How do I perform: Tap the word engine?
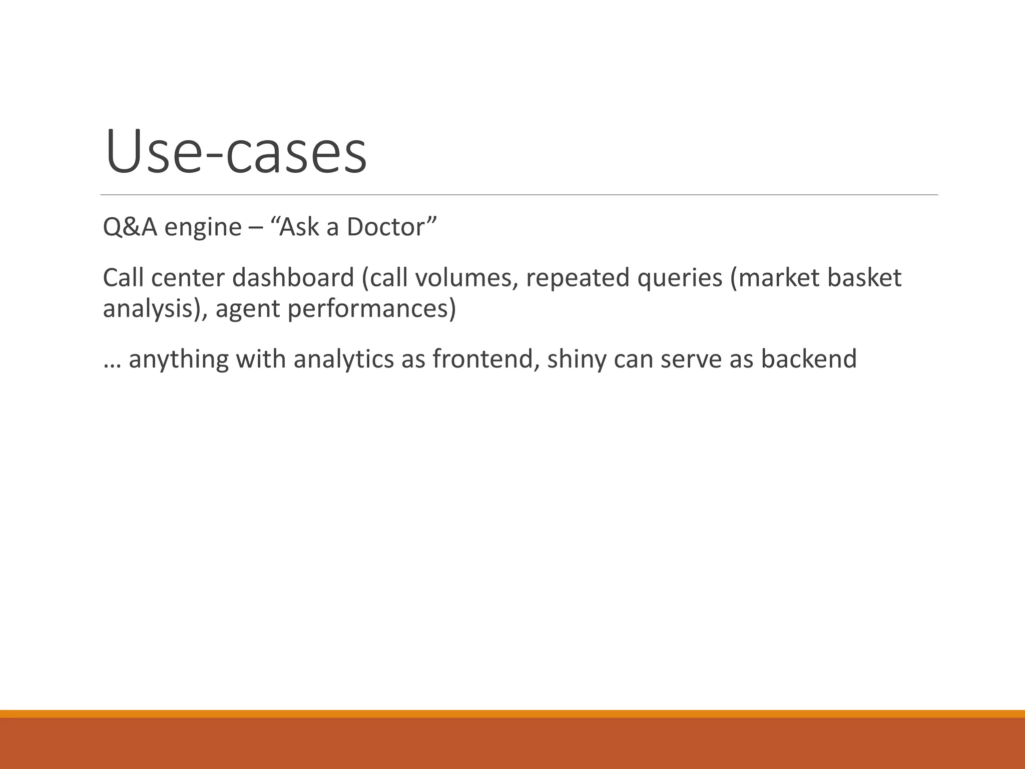203,228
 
